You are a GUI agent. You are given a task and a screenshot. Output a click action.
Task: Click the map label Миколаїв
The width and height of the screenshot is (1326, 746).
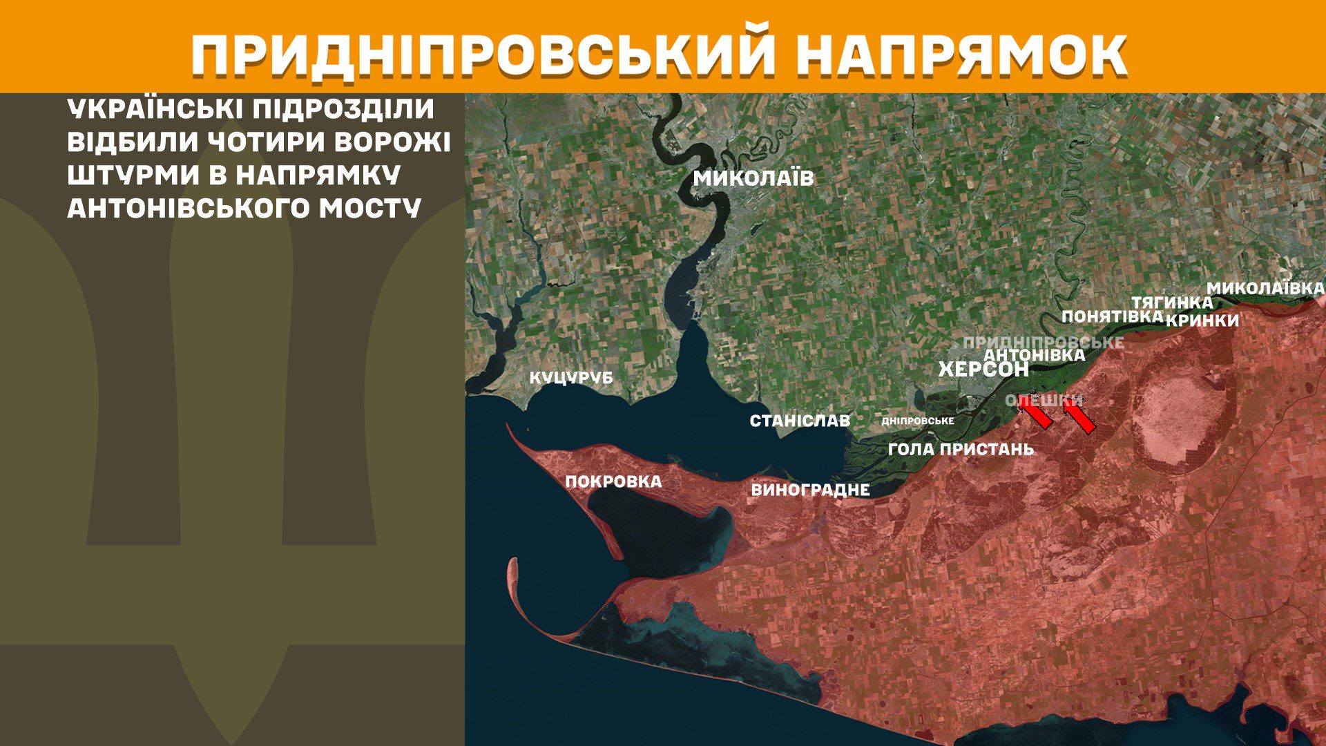click(x=753, y=178)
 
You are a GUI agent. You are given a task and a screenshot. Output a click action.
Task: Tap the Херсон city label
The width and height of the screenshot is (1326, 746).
click(x=983, y=370)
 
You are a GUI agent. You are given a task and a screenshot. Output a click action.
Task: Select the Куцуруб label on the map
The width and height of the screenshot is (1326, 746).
click(x=571, y=378)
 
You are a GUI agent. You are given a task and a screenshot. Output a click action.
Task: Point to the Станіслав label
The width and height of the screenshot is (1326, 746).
click(x=800, y=421)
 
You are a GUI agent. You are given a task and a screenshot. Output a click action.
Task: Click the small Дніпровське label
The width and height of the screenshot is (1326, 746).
click(x=918, y=421)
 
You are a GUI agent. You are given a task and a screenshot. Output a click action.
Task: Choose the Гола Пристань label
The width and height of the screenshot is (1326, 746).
click(x=961, y=449)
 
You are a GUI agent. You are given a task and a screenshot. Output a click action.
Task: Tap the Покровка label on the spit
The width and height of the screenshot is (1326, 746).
click(x=613, y=481)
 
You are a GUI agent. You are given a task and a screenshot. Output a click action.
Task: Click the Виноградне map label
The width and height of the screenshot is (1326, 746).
click(x=810, y=490)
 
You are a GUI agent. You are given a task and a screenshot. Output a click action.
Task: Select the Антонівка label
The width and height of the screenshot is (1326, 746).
click(x=1034, y=355)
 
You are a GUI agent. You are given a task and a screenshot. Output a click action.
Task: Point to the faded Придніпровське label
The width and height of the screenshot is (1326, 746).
click(x=1043, y=343)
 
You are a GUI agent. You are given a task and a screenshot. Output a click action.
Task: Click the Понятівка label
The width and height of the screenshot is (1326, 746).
click(x=1112, y=316)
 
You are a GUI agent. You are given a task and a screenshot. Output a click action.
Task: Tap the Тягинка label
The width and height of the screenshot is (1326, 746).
click(x=1171, y=303)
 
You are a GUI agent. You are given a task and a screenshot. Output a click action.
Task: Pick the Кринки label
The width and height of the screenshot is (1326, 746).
click(x=1202, y=321)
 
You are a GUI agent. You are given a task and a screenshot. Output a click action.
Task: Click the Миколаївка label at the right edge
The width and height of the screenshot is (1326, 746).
click(x=1265, y=288)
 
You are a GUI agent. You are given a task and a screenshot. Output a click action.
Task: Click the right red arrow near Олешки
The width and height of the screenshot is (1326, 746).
click(x=1079, y=418)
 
